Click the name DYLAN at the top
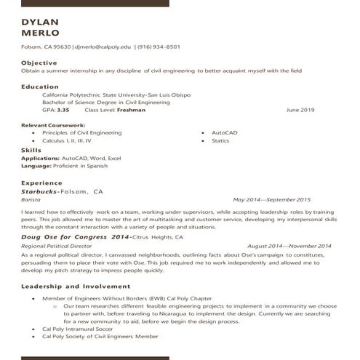[41, 22]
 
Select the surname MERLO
[41, 33]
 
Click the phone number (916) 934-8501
[159, 47]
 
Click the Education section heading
[40, 87]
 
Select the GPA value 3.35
[63, 110]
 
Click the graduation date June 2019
[300, 110]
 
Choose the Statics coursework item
[220, 141]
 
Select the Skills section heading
[31, 150]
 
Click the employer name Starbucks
[40, 191]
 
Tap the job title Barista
[31, 199]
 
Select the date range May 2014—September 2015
[272, 199]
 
